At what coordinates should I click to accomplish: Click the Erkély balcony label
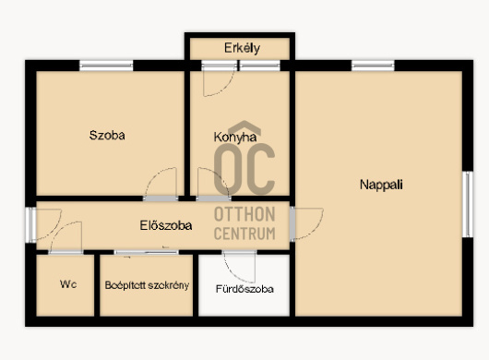point(242,48)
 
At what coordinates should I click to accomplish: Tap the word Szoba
point(107,135)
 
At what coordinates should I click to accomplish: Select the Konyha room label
point(235,138)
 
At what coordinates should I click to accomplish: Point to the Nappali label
point(381,185)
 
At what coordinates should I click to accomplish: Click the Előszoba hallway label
point(165,225)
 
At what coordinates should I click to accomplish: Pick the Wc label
point(68,284)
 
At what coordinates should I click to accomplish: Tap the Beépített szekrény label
point(147,285)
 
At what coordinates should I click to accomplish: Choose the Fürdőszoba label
point(244,289)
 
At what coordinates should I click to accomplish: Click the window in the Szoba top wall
point(106,66)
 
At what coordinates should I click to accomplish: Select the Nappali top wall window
point(373,66)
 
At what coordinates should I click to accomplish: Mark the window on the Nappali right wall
point(468,204)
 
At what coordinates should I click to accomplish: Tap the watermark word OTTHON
point(244,214)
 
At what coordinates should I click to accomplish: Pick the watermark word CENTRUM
point(244,234)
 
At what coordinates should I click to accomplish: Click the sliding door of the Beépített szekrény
point(147,252)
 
